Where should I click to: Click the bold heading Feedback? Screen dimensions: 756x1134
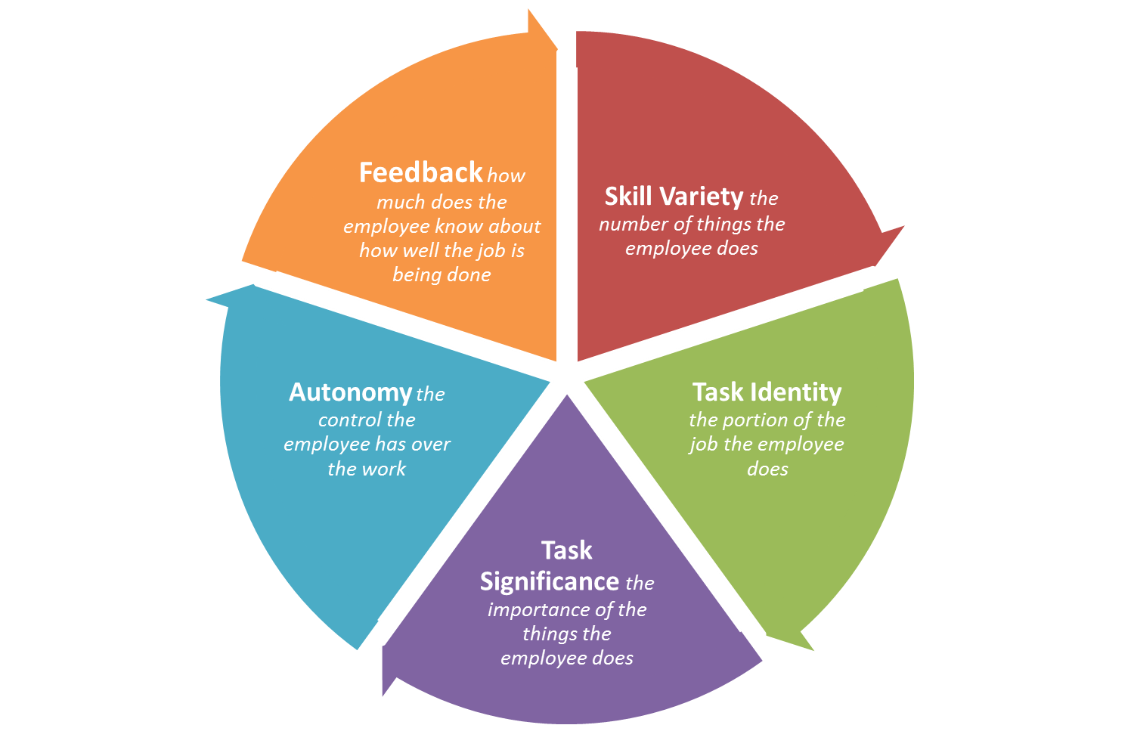(420, 173)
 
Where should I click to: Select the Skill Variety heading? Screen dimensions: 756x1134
(674, 197)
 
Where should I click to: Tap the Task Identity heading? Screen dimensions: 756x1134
(767, 392)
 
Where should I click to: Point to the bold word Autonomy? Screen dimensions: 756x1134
(350, 392)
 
